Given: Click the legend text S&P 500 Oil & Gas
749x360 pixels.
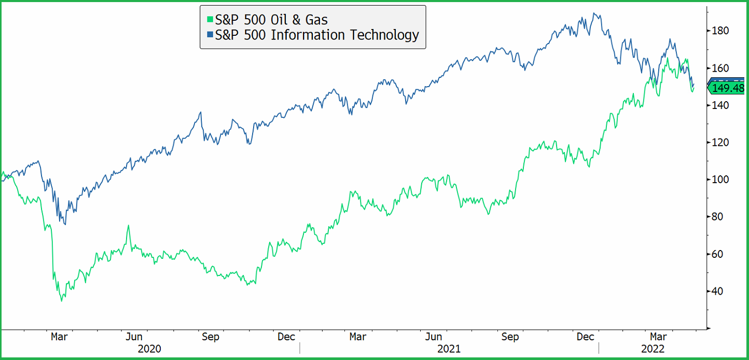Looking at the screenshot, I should pyautogui.click(x=271, y=20).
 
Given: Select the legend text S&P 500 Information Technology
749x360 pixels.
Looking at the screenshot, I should pyautogui.click(x=316, y=35).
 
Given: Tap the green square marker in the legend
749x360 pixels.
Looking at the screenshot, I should pyautogui.click(x=210, y=20).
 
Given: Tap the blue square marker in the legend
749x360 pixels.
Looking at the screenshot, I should pyautogui.click(x=210, y=35).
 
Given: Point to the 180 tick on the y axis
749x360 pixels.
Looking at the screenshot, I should pyautogui.click(x=720, y=31).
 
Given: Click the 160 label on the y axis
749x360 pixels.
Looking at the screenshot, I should pyautogui.click(x=720, y=68).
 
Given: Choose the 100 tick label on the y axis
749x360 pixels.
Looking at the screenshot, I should pyautogui.click(x=720, y=179).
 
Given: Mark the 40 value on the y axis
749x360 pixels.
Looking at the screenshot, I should pyautogui.click(x=718, y=291).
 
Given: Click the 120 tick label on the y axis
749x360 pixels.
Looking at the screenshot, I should pyautogui.click(x=720, y=142).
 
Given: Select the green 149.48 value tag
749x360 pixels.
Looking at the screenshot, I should pyautogui.click(x=727, y=88).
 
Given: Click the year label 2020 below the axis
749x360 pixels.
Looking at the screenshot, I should pyautogui.click(x=149, y=349).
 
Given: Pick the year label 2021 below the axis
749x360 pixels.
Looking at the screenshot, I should pyautogui.click(x=449, y=349).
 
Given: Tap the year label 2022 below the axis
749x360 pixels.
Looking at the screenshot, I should pyautogui.click(x=652, y=349).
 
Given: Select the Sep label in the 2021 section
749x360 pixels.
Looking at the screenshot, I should pyautogui.click(x=510, y=337).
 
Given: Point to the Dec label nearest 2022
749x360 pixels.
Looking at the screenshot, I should pyautogui.click(x=586, y=337).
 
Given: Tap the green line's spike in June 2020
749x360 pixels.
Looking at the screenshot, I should pyautogui.click(x=128, y=226).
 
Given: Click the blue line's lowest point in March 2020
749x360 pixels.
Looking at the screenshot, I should pyautogui.click(x=65, y=224).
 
